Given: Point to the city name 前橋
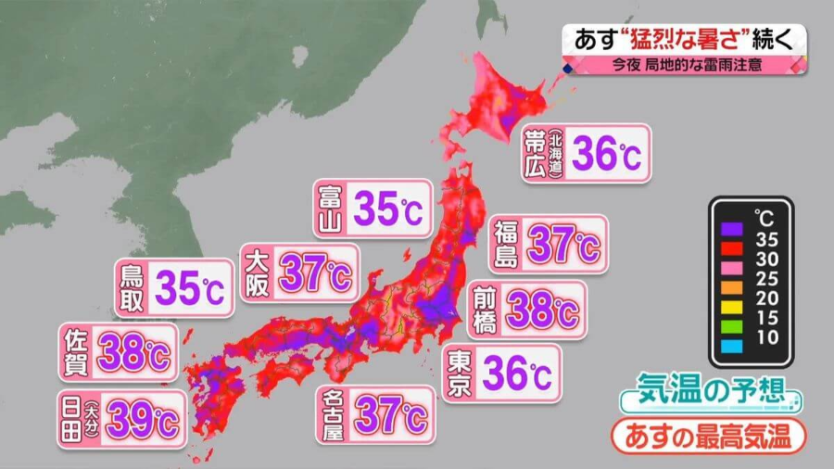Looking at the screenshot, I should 485,310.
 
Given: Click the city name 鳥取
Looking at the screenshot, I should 132,287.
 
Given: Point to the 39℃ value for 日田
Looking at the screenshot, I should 142,420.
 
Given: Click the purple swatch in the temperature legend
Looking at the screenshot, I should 733,226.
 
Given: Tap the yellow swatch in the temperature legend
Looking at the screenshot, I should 733,302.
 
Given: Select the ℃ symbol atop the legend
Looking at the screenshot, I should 764,218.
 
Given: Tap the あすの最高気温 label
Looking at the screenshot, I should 707,435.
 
